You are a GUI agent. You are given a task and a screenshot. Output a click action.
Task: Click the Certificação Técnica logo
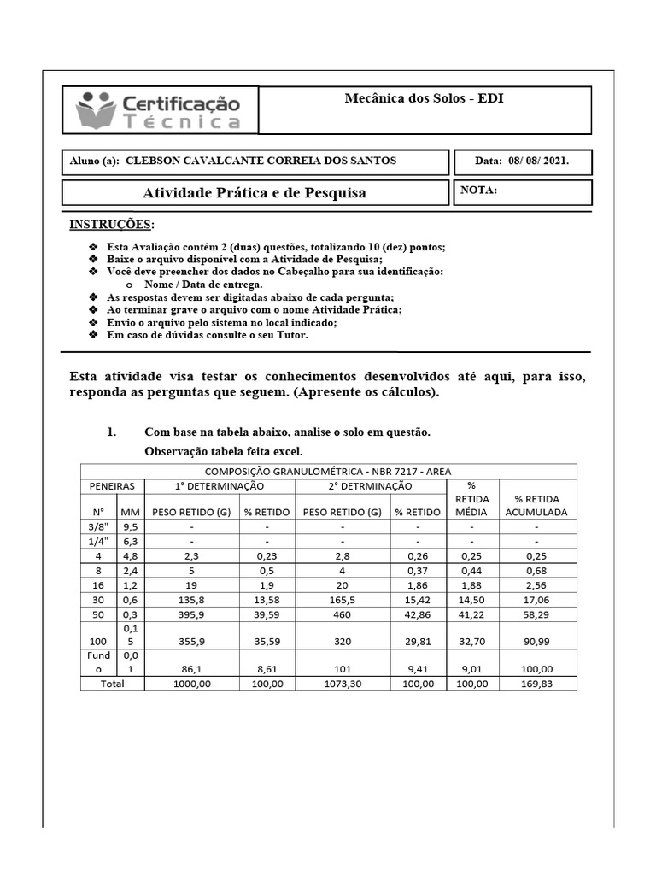159,111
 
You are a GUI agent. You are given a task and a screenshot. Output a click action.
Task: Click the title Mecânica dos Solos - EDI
424,98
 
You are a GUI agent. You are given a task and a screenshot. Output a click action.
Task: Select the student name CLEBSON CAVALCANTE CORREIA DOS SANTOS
261,161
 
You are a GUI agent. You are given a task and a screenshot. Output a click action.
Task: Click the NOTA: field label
478,191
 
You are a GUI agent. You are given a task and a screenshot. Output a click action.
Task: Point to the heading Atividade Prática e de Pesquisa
254,193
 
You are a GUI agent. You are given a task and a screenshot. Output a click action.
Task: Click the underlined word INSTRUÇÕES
112,225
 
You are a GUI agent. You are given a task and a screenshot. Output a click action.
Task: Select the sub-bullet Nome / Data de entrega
203,284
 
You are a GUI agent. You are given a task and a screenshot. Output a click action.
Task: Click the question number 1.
111,432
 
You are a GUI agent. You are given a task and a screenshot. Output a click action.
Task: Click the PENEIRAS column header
113,486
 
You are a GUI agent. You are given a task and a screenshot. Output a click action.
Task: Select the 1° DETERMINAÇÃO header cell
220,486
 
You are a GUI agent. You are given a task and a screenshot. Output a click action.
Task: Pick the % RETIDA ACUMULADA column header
537,505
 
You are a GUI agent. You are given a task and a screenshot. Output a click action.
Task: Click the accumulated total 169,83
537,684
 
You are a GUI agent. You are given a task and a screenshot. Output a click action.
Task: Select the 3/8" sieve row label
99,527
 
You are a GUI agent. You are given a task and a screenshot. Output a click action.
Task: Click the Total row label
112,684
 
